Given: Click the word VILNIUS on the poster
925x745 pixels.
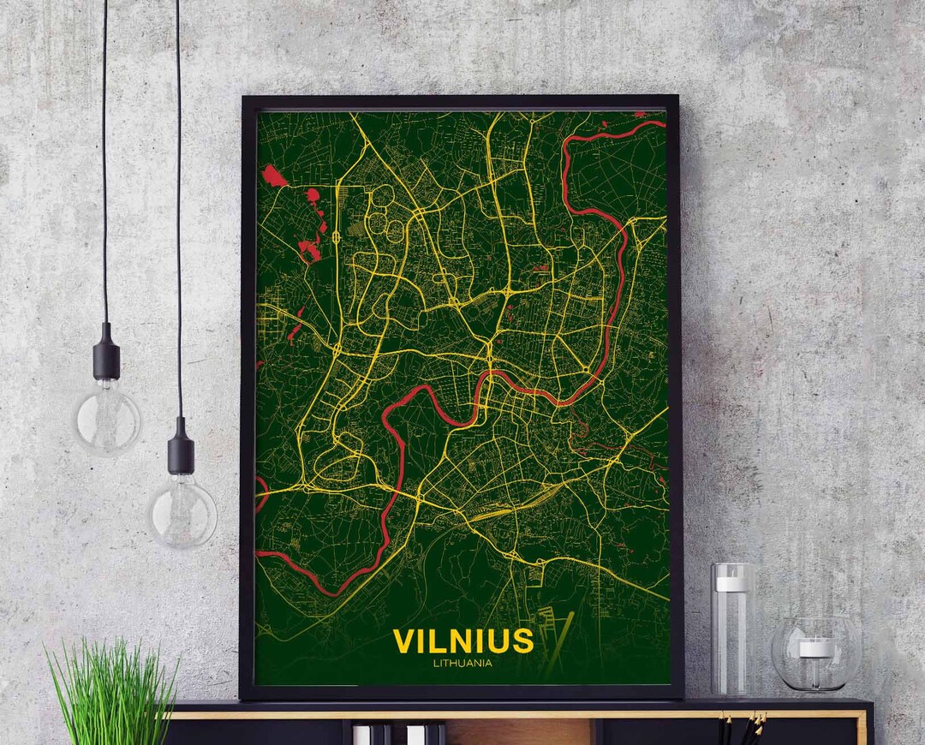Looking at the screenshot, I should (462, 641).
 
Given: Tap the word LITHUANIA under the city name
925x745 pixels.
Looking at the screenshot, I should (462, 661).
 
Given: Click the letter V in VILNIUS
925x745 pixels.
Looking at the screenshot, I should (403, 641).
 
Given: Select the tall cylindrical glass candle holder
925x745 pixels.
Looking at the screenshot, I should (732, 629).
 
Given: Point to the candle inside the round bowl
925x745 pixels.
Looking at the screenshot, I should (815, 648).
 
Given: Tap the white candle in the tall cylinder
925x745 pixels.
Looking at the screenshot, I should (732, 583).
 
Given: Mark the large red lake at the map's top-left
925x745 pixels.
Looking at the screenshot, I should (274, 176).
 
